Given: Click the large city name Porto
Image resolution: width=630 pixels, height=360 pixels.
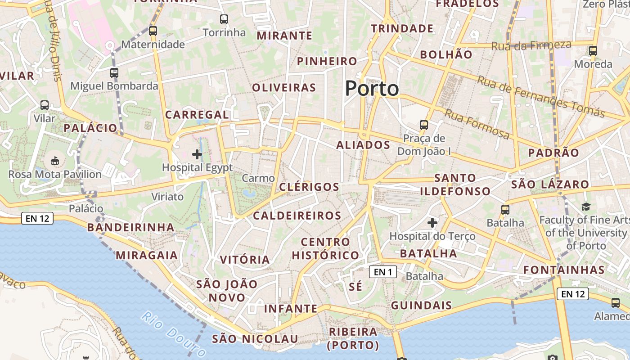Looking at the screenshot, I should point(372,89).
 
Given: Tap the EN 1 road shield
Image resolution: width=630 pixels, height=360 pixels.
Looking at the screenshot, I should point(382,272).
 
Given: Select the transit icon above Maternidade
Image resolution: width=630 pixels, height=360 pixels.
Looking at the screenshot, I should point(153,31).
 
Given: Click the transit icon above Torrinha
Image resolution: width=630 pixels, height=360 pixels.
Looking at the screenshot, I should point(224,19).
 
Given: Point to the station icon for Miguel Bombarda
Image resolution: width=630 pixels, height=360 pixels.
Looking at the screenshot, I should point(114,72).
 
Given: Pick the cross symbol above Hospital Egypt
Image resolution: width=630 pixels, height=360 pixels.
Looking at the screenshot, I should point(197,154).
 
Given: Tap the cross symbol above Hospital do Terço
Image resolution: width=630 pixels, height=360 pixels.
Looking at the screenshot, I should point(432,222).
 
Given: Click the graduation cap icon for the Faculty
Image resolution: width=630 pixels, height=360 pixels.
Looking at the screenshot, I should point(586,207).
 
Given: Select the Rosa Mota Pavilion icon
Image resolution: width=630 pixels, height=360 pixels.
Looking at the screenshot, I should point(55,161).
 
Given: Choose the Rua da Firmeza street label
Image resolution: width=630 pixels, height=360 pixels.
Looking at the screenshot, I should point(531,45).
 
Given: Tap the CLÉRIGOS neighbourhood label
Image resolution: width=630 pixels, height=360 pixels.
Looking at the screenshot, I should point(309,187).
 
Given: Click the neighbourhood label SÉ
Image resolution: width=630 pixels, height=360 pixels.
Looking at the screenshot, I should point(355,287).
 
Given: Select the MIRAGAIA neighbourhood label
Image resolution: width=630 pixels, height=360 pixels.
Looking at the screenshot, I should point(147,255).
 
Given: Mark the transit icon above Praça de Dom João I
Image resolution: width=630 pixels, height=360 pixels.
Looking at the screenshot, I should point(424,125).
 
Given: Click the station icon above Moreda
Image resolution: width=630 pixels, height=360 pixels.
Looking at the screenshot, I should point(593,50).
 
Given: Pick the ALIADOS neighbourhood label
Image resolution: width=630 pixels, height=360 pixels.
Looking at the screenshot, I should point(363,145).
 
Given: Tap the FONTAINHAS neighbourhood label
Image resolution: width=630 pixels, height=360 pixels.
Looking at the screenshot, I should point(564,270).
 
